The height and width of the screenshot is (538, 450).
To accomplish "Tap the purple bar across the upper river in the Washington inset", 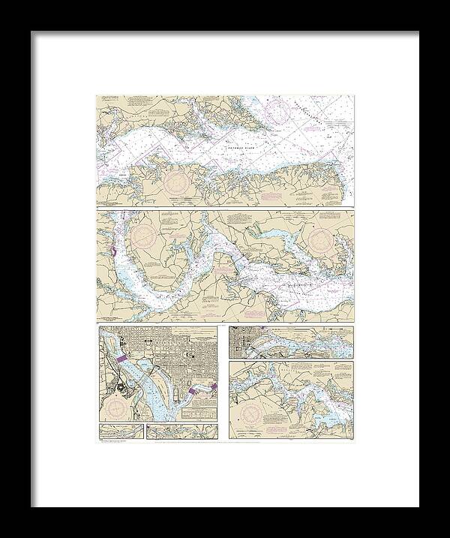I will pos(125,359).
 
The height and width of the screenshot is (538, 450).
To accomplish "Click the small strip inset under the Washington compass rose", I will pos(121,431).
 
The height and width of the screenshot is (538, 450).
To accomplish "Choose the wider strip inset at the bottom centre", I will pos(181,431).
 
